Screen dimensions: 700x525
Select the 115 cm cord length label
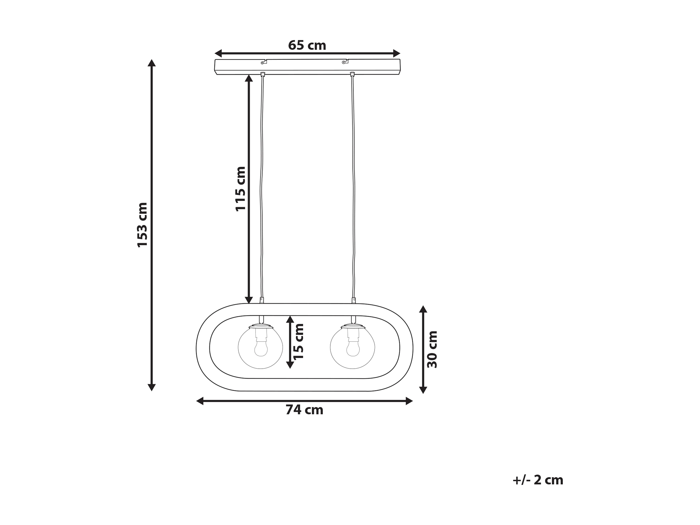240,189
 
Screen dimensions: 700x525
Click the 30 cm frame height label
432,349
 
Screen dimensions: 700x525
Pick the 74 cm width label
304,410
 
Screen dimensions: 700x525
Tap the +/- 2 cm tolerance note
538,480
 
